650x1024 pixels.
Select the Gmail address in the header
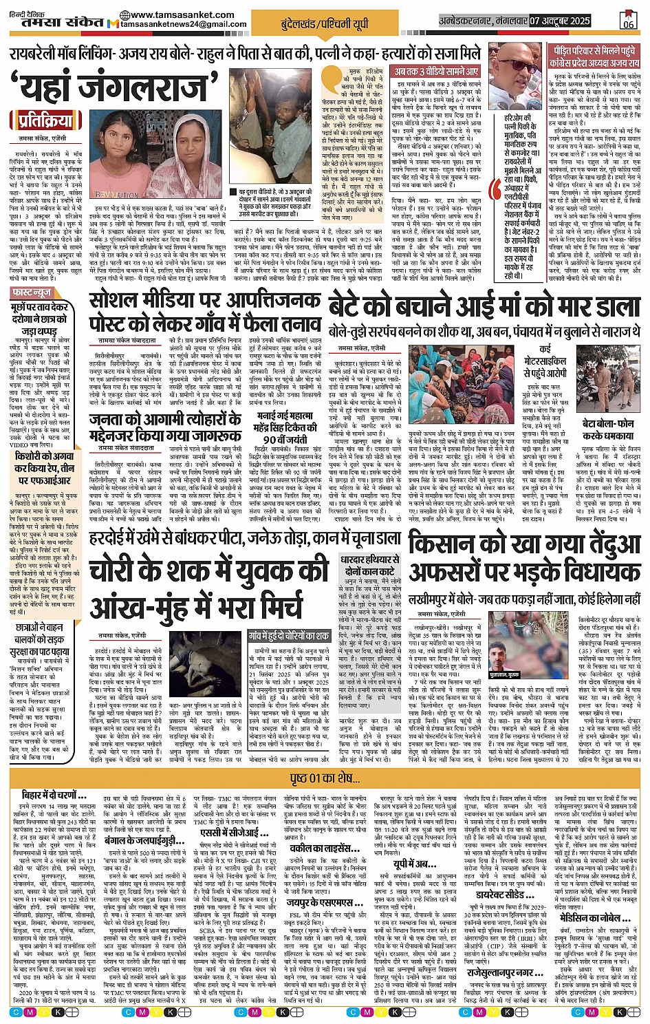coord(183,24)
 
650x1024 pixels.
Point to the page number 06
coord(628,23)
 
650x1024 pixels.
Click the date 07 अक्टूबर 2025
coord(560,21)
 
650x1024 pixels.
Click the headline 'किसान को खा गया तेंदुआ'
coord(524,545)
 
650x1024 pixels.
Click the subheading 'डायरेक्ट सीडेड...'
coord(506,896)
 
